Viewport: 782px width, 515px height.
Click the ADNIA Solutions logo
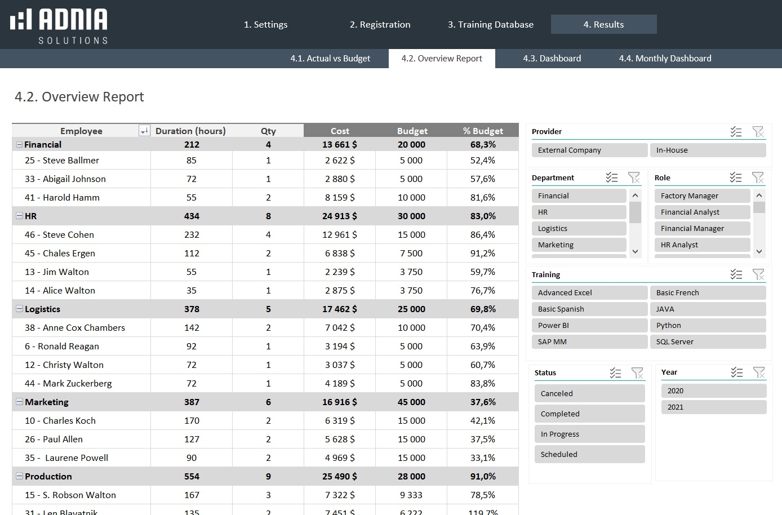coord(59,26)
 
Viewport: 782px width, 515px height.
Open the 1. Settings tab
coord(265,25)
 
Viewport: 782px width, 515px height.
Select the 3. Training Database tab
coord(490,25)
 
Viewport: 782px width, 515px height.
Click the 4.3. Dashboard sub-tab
coord(552,59)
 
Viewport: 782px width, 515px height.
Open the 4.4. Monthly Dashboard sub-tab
coord(665,59)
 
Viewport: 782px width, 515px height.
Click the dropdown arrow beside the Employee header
coord(144,131)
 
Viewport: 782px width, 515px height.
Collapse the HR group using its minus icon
coord(19,216)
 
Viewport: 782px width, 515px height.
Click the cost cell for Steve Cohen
coord(339,235)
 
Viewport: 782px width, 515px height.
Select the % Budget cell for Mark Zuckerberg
coord(482,384)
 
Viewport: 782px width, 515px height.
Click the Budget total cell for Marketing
coord(411,402)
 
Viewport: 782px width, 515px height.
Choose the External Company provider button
coord(589,150)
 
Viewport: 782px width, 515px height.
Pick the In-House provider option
coord(708,150)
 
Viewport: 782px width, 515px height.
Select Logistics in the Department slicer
coord(578,229)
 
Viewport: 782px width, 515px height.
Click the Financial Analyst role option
coord(701,212)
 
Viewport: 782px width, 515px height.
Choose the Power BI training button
coord(589,326)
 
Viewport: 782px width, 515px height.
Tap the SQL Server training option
coord(708,342)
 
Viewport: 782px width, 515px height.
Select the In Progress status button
coord(589,434)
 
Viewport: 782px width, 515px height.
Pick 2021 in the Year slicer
coord(713,407)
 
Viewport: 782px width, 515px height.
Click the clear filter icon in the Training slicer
coord(758,274)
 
